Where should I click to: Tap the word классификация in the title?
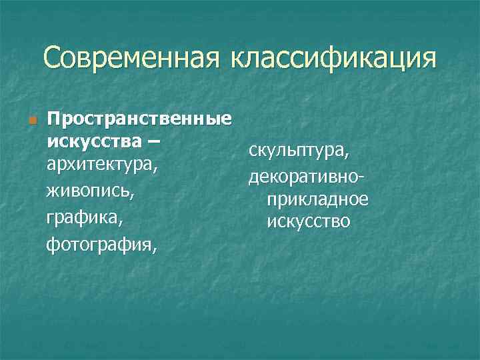(x=333, y=59)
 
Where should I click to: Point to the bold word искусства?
(x=93, y=141)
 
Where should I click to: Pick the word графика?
(x=85, y=218)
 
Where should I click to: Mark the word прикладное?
(x=317, y=199)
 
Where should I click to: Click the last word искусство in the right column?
(x=308, y=221)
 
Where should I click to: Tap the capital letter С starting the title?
(x=53, y=59)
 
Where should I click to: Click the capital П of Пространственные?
(x=53, y=119)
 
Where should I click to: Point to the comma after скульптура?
(x=346, y=157)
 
